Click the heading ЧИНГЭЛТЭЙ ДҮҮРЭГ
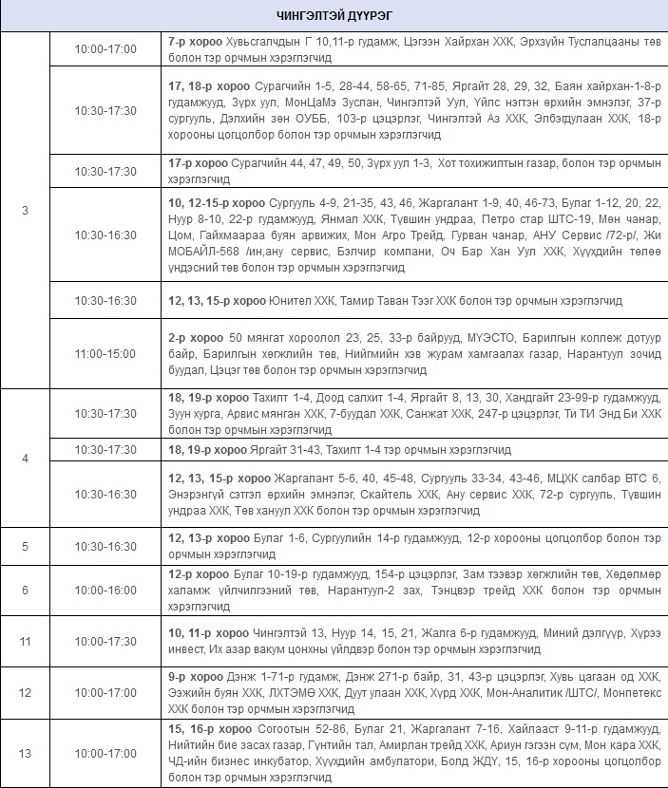coord(334,16)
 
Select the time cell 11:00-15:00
coord(105,353)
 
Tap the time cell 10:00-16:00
coord(105,590)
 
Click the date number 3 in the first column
coord(26,210)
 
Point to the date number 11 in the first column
coord(26,641)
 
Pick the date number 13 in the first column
coord(26,753)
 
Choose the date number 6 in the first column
coord(26,590)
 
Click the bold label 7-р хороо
coord(195,43)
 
